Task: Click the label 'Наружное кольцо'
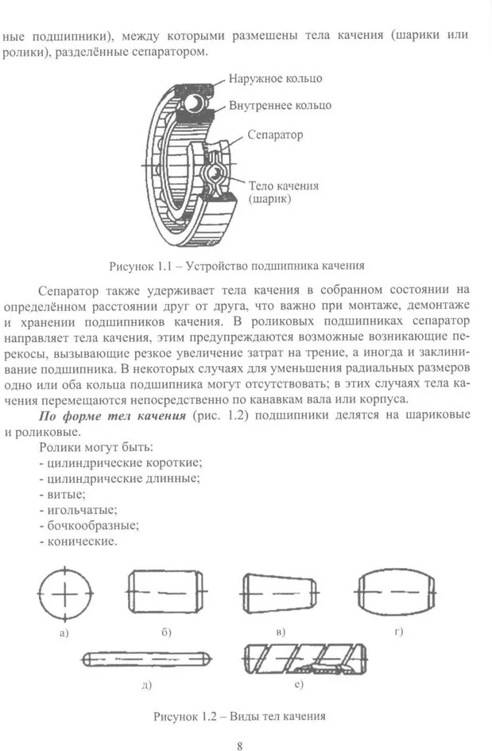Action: point(275,80)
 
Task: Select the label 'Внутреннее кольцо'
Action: point(280,105)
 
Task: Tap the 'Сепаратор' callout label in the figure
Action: point(275,135)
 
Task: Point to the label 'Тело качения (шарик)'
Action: point(283,192)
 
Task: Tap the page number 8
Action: point(239,745)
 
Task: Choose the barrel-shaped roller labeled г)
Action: point(395,593)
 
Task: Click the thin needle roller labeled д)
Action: point(145,659)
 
